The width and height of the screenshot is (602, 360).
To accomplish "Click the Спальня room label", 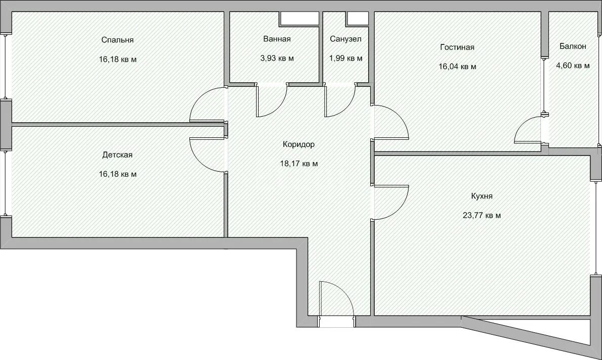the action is [118, 40].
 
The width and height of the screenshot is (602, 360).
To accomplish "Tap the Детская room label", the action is [118, 155].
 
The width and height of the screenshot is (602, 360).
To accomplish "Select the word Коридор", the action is [298, 144].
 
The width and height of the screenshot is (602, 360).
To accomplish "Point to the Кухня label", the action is [482, 196].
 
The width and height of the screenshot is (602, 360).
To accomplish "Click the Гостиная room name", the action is [457, 47].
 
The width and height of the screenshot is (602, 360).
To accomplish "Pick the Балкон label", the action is [573, 46].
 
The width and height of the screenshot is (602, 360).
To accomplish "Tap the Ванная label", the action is [277, 39].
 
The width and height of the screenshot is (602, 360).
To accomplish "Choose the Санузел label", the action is [345, 39].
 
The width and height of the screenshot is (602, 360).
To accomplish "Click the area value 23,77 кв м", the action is [482, 215].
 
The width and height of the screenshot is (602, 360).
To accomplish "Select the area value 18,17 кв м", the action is [299, 164].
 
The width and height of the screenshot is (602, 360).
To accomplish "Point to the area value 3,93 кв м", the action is [277, 59].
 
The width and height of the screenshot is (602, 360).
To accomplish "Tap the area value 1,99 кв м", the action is [345, 59].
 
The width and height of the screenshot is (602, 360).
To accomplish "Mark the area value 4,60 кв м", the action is [573, 66].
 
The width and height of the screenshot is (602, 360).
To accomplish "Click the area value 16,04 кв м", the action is [458, 67].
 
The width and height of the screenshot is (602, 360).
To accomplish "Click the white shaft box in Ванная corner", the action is [299, 18].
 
